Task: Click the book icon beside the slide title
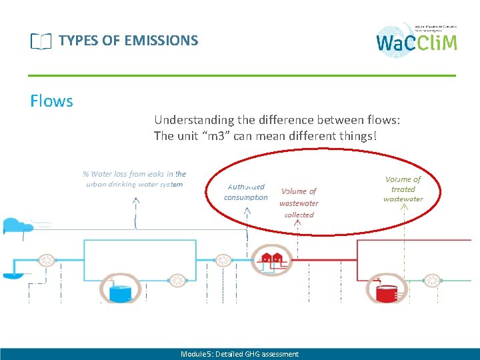[x=40, y=42]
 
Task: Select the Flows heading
[x=51, y=101]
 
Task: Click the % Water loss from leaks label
[x=135, y=179]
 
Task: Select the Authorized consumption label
[x=246, y=192]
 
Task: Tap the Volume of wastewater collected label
[x=299, y=203]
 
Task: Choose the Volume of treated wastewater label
[x=403, y=189]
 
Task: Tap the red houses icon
[x=271, y=258]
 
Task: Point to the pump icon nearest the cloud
[x=46, y=259]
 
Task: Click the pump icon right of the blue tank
[x=177, y=280]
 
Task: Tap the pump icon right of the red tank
[x=432, y=280]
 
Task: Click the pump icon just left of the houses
[x=221, y=259]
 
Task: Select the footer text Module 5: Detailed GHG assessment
[x=239, y=354]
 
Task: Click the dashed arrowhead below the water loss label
[x=136, y=201]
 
